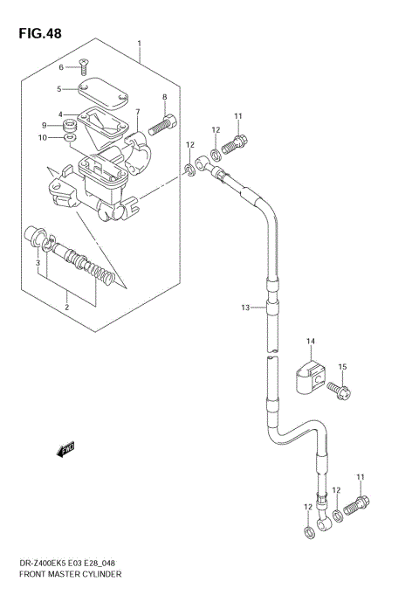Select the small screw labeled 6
(83, 64)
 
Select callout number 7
(137, 112)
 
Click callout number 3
(38, 262)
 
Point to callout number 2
(66, 307)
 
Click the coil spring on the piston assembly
(104, 277)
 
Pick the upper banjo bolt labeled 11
(237, 140)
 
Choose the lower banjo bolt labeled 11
(360, 504)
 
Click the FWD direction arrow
(65, 450)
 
